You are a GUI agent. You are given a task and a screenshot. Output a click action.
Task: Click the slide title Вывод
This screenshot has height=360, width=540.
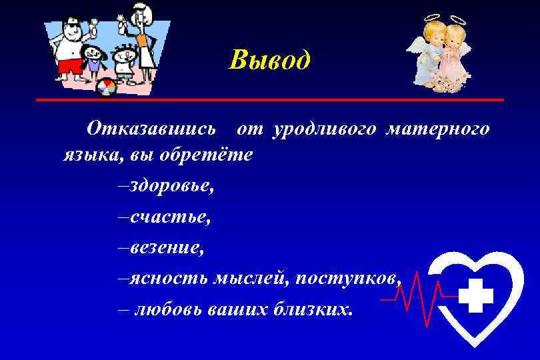coord(269,60)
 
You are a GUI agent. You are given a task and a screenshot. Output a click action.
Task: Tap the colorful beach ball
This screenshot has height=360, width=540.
coord(107,88)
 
